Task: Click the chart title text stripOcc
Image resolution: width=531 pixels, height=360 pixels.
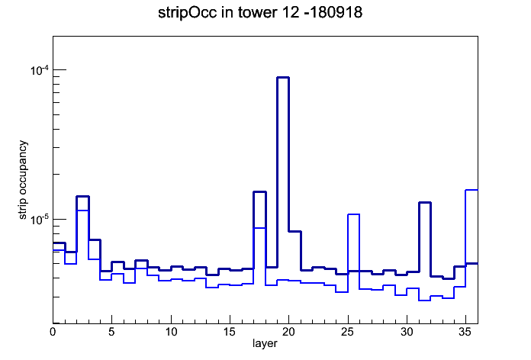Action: pyautogui.click(x=187, y=13)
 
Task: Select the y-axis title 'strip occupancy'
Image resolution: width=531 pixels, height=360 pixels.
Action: pyautogui.click(x=23, y=180)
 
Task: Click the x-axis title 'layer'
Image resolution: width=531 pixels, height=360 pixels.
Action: pyautogui.click(x=265, y=343)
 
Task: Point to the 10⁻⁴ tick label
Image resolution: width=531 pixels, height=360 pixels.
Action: pyautogui.click(x=40, y=71)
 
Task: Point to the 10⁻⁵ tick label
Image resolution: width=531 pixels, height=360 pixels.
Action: pyautogui.click(x=40, y=220)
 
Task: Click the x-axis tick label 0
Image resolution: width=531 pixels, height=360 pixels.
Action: pyautogui.click(x=53, y=332)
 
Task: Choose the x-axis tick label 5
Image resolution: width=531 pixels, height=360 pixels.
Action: pyautogui.click(x=111, y=332)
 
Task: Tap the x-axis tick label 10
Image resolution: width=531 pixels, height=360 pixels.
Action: pyautogui.click(x=171, y=332)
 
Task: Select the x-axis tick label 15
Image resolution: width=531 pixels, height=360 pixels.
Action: pyautogui.click(x=230, y=332)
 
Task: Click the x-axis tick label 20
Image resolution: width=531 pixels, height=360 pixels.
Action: pyautogui.click(x=288, y=332)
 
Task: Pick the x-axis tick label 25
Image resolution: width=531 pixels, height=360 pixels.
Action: pyautogui.click(x=347, y=332)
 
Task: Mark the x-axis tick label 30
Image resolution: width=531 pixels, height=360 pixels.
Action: pyautogui.click(x=407, y=332)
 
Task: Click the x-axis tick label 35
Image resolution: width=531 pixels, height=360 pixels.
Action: pyautogui.click(x=465, y=332)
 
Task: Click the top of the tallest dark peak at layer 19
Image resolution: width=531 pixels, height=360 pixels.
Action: pyautogui.click(x=283, y=78)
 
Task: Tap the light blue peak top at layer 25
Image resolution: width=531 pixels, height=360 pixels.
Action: pyautogui.click(x=353, y=214)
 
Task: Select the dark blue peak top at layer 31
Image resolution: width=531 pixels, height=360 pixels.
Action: pyautogui.click(x=425, y=203)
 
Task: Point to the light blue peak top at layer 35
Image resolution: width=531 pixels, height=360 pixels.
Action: pyautogui.click(x=471, y=190)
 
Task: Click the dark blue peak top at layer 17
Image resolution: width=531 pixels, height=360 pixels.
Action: pyautogui.click(x=259, y=192)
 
